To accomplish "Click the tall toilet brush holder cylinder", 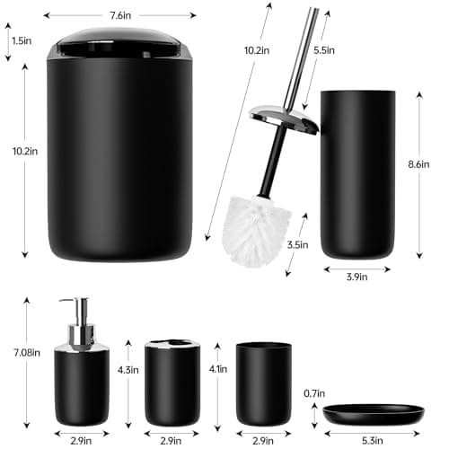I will (357, 171).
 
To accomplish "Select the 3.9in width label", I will (357, 277).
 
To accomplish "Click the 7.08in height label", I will (24, 353).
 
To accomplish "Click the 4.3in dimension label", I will (128, 369).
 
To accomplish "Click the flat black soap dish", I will (373, 414).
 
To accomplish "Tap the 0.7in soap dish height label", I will (313, 393).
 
